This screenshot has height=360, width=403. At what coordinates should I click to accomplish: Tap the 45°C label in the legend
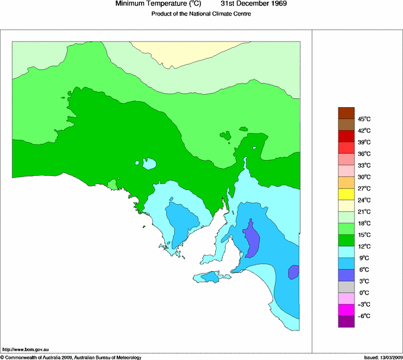coord(364,119)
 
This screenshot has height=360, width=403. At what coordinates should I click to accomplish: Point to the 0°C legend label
coord(364,292)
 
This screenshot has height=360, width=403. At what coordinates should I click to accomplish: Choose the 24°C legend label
coord(364,200)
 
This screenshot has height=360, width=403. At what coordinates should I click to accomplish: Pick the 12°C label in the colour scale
coord(364,246)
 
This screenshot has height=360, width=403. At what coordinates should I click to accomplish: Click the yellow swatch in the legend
coord(346,194)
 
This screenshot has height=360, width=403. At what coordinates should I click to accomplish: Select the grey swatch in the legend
coord(346,287)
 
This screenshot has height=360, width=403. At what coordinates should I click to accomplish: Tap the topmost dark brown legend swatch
coord(346,113)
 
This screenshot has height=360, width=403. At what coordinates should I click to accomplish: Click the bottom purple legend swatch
coord(346,322)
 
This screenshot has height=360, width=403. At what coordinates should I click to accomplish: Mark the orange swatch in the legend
coord(346,182)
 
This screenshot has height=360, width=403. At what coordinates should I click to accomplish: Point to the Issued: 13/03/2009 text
coord(382,357)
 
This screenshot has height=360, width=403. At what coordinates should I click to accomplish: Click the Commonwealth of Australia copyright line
coord(71,357)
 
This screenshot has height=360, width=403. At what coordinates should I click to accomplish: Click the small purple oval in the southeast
coord(293,272)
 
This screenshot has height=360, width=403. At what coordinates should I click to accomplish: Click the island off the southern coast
coord(211,277)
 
